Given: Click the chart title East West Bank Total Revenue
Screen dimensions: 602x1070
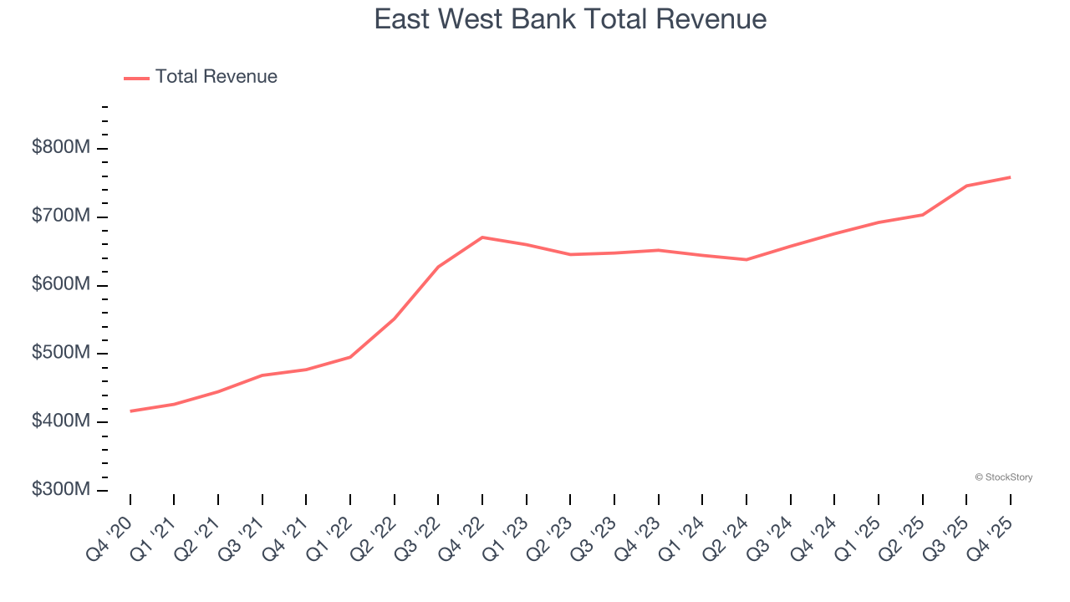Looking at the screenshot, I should pyautogui.click(x=570, y=18).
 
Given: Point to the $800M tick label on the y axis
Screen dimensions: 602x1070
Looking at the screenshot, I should pyautogui.click(x=61, y=148).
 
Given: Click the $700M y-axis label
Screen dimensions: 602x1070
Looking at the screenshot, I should pyautogui.click(x=61, y=217).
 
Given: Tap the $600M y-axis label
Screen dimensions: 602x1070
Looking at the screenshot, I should pyautogui.click(x=61, y=285).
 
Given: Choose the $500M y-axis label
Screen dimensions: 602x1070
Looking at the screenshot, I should pyautogui.click(x=61, y=353).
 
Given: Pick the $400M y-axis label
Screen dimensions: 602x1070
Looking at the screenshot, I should pyautogui.click(x=61, y=421).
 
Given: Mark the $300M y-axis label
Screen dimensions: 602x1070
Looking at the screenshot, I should pyautogui.click(x=61, y=490).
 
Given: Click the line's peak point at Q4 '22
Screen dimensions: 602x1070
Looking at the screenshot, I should pyautogui.click(x=482, y=237).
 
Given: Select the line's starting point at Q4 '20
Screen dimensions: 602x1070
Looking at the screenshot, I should pyautogui.click(x=130, y=411).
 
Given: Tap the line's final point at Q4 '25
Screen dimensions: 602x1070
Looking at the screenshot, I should pyautogui.click(x=1010, y=177).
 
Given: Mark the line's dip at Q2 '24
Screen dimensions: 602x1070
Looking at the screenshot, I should pyautogui.click(x=746, y=259).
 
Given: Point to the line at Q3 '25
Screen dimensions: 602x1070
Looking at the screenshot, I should pyautogui.click(x=966, y=186).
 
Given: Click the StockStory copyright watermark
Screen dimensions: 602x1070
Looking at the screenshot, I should pyautogui.click(x=1004, y=477).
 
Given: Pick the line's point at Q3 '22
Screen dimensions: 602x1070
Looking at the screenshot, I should pyautogui.click(x=438, y=267).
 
